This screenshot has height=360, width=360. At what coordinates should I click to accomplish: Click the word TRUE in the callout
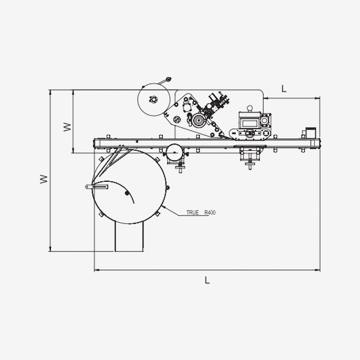(x=193, y=212)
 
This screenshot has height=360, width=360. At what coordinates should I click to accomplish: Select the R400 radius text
(x=210, y=212)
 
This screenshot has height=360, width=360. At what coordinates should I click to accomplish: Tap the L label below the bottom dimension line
(x=207, y=280)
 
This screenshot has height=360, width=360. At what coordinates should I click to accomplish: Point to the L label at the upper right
(x=284, y=89)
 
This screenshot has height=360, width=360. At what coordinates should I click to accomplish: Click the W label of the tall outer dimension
(x=44, y=179)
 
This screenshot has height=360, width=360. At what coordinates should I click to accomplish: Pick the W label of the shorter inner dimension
(x=67, y=127)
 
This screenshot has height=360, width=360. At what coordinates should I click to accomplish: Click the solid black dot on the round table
(x=127, y=193)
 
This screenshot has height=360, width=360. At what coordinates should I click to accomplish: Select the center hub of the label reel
(x=153, y=99)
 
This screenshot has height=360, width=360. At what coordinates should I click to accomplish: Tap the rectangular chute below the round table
(x=129, y=237)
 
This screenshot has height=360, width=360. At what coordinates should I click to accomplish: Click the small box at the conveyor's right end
(x=310, y=133)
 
